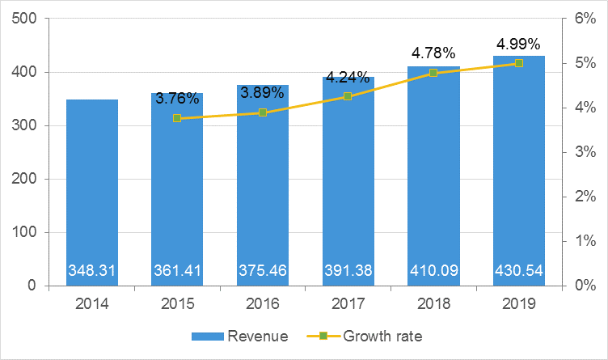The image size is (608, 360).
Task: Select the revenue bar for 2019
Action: [x=519, y=178]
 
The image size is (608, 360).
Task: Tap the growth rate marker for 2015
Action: [x=177, y=118]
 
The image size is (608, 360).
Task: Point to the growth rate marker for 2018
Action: [x=433, y=73]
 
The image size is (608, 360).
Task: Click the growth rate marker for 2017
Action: [x=348, y=96]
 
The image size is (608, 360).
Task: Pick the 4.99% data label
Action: [x=519, y=44]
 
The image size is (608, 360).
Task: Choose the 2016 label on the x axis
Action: [x=263, y=304]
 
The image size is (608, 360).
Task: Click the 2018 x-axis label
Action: [x=433, y=304]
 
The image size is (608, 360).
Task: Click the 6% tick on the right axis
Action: [x=585, y=19]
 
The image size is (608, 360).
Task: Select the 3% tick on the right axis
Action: [x=585, y=152]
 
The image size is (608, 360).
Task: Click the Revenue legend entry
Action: [x=239, y=336]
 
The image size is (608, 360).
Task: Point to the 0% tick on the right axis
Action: [x=585, y=286]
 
